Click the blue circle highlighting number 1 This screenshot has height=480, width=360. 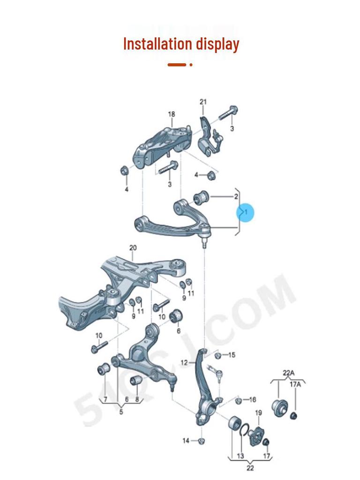(245, 213)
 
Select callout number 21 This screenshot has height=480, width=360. (203, 102)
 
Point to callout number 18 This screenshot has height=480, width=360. (172, 114)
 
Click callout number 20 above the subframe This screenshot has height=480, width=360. (133, 247)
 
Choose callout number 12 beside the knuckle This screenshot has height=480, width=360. (184, 362)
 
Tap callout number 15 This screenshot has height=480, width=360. (232, 355)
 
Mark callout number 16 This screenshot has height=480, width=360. (253, 399)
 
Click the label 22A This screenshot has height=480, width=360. (289, 373)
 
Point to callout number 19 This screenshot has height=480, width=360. (258, 412)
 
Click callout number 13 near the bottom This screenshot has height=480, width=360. (240, 456)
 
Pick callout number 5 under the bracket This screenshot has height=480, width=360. (121, 412)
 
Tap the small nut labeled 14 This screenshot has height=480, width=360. (201, 440)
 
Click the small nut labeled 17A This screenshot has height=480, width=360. (294, 415)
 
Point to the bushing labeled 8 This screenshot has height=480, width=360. (135, 379)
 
